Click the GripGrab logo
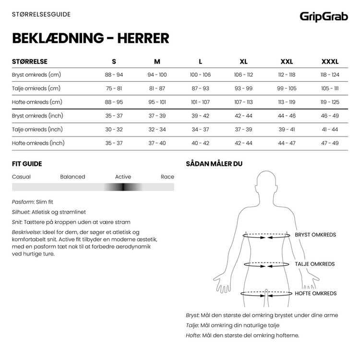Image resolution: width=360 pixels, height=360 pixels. coord(324,16)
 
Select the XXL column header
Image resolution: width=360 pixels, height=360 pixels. coord(287,61)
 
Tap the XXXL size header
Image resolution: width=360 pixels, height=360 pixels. coord(330,61)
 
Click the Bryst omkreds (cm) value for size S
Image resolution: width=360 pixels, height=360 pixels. coord(114,75)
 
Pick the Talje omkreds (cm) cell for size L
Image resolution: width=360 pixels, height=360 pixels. coord(200,88)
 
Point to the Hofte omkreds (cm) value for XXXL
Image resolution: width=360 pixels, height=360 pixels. coord(330,102)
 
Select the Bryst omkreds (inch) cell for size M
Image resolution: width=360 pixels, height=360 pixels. coord(157,116)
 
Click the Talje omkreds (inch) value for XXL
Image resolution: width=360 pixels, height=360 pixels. coord(287,130)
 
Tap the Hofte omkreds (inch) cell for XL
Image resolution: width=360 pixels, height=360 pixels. coord(243,143)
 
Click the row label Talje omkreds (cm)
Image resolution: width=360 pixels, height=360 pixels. coord(36,88)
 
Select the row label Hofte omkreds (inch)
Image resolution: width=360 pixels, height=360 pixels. coord(38,143)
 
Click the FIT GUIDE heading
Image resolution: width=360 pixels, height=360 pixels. coord(27,164)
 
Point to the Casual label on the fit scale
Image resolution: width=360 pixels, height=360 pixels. coord(21,177)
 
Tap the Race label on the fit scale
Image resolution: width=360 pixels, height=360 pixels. coord(168,177)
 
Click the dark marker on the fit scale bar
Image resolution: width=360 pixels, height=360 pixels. coord(123,187)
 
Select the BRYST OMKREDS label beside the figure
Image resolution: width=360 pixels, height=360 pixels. coord(315,235)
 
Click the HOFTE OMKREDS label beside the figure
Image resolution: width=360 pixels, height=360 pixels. coord(315,293)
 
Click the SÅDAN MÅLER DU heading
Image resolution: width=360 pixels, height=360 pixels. coord(214,164)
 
